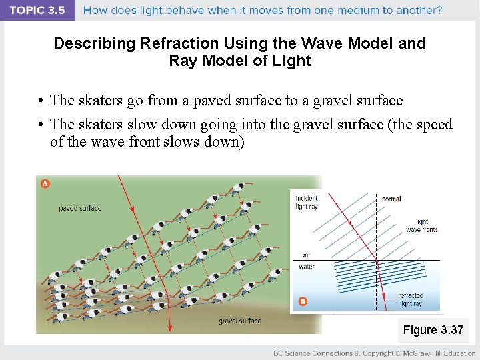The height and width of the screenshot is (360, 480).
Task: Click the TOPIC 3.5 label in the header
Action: click(x=37, y=10)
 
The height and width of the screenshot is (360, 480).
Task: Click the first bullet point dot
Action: click(x=41, y=101)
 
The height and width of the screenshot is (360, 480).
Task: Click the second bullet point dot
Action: click(x=41, y=125)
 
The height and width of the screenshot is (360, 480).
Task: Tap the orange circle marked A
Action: click(x=45, y=183)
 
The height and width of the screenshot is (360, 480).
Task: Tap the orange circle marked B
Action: click(x=303, y=301)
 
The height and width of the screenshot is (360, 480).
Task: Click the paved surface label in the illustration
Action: click(x=80, y=208)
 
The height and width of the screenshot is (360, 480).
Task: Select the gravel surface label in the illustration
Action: click(x=240, y=321)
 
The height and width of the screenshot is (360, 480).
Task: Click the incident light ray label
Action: click(x=307, y=202)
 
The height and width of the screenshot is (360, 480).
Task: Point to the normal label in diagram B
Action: click(x=391, y=199)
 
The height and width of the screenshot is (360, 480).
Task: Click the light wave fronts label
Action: click(x=421, y=225)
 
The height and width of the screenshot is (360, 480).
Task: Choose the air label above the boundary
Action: click(x=306, y=255)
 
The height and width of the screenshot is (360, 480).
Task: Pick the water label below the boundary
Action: click(x=307, y=267)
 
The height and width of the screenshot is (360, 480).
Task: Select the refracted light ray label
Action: click(x=410, y=299)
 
